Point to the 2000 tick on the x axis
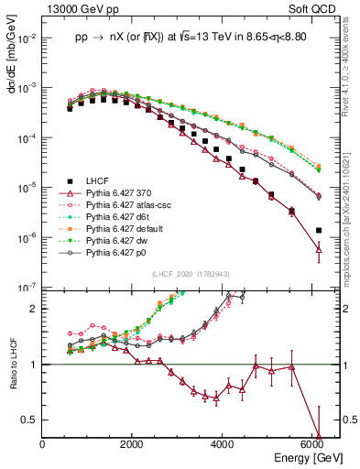pos(133,445)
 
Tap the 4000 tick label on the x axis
pos(223,445)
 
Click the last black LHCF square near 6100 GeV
pos(318,231)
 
